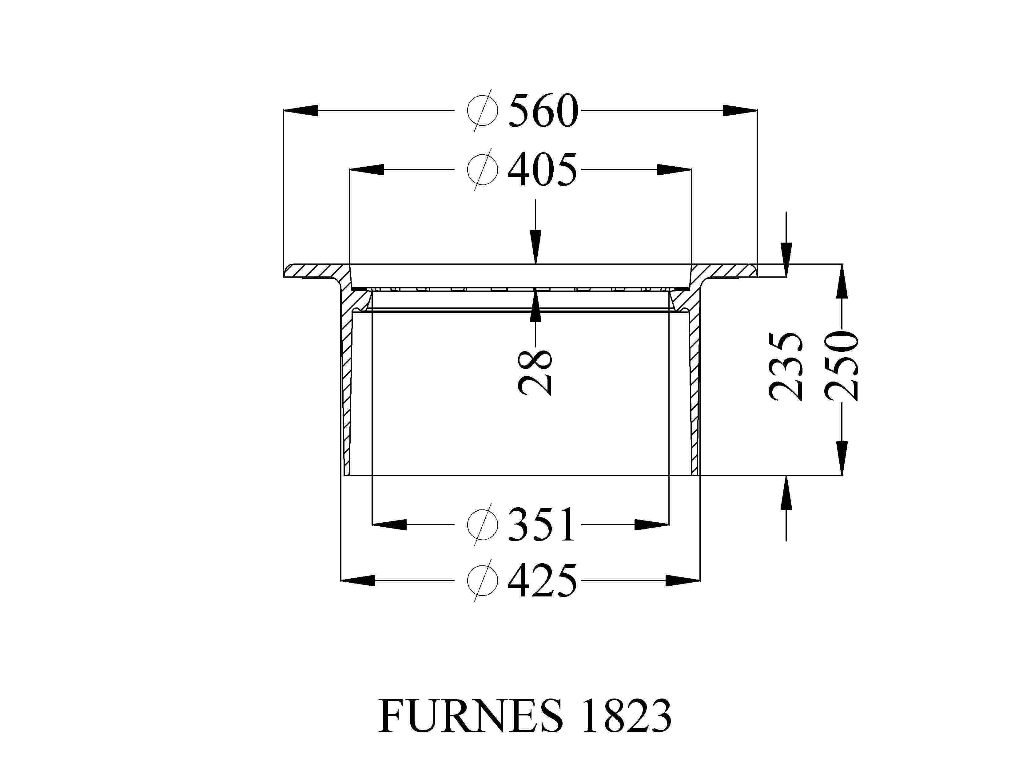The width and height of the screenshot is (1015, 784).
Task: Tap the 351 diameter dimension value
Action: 542,525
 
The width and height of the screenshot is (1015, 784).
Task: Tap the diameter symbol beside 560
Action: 483,111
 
